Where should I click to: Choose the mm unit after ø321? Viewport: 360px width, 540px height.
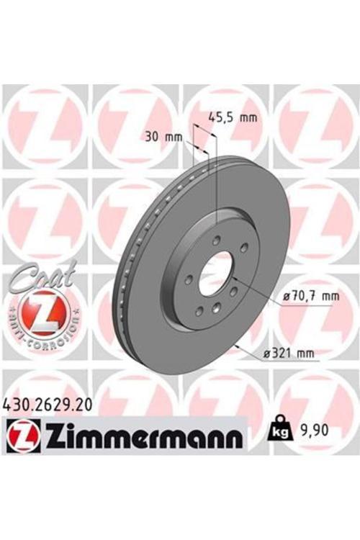306,352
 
